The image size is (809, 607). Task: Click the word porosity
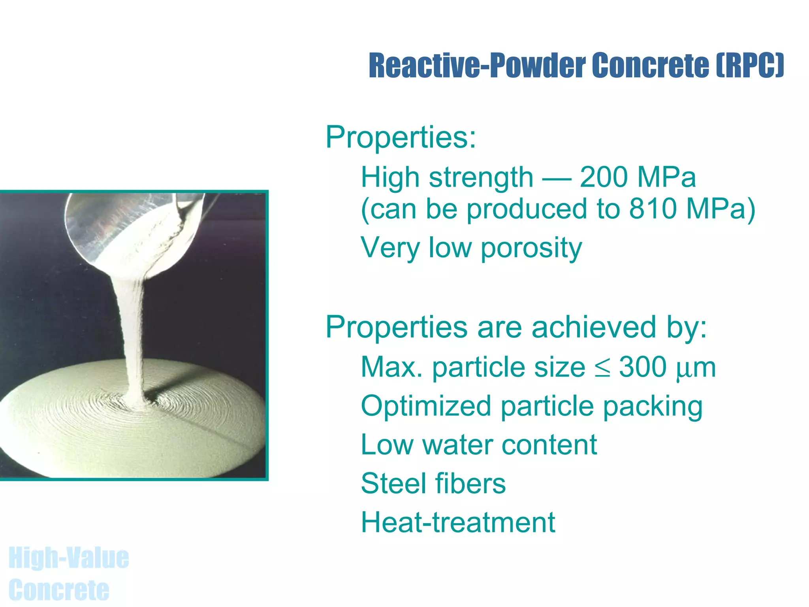pyautogui.click(x=531, y=248)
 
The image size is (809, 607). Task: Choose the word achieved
pyautogui.click(x=594, y=327)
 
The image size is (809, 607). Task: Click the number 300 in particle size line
pyautogui.click(x=643, y=367)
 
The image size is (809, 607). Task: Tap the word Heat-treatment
pyautogui.click(x=458, y=522)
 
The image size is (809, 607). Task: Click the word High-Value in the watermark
pyautogui.click(x=69, y=558)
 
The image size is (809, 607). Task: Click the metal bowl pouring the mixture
pyautogui.click(x=119, y=225)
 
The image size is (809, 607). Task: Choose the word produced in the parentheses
pyautogui.click(x=527, y=209)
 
